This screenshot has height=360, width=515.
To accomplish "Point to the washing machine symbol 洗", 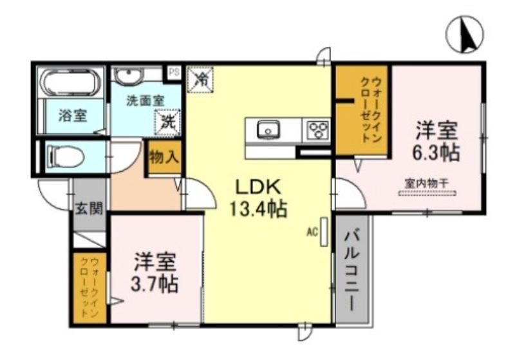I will (166, 120).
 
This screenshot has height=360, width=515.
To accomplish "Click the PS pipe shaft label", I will (174, 72).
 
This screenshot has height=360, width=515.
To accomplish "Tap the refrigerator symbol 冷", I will (201, 80).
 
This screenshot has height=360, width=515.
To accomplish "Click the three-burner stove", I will (317, 131).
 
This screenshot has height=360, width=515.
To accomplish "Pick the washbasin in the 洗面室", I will (127, 75).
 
